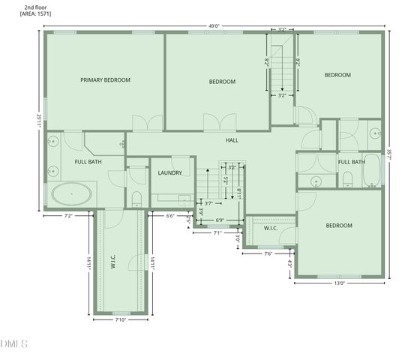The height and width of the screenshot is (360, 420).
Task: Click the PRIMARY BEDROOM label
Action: coord(106,79)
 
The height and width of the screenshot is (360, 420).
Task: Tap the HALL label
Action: coord(232,140)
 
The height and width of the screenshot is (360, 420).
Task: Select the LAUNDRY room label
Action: coord(170,173)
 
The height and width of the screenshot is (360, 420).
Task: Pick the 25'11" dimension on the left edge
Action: coord(38,120)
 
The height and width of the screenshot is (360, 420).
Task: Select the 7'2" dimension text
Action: coord(68,216)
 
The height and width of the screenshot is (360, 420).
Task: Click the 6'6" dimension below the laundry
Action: coord(170,216)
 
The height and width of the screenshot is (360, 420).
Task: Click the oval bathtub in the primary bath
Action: coord(72,194)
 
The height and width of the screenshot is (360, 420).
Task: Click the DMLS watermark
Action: coord(13,344)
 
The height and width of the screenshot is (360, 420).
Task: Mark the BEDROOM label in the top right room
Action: coord(337,75)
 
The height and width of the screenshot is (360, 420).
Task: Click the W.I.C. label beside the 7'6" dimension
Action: coord(271,229)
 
